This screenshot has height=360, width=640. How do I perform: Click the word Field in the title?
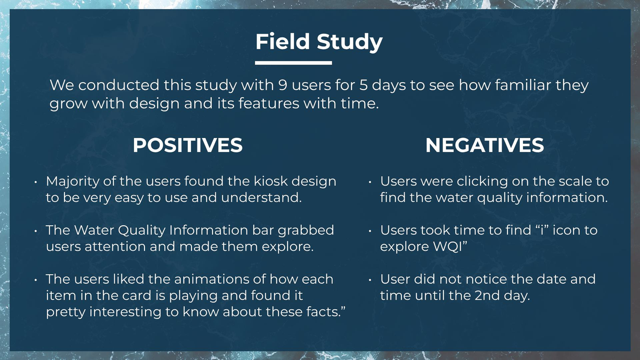coord(283,42)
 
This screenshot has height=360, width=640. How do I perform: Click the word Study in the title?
coord(350,42)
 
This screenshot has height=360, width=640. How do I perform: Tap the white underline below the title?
coord(293,63)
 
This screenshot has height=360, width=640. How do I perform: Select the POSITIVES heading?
coord(188,145)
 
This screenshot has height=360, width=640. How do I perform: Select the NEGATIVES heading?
coord(485,145)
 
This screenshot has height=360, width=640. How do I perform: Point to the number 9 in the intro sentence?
coord(283,85)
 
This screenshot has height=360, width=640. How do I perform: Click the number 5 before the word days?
coord(363,85)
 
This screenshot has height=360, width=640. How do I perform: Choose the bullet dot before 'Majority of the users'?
coord(36,182)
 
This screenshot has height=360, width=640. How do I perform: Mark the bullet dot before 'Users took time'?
coord(370,231)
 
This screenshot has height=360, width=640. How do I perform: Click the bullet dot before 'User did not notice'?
coord(370,280)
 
